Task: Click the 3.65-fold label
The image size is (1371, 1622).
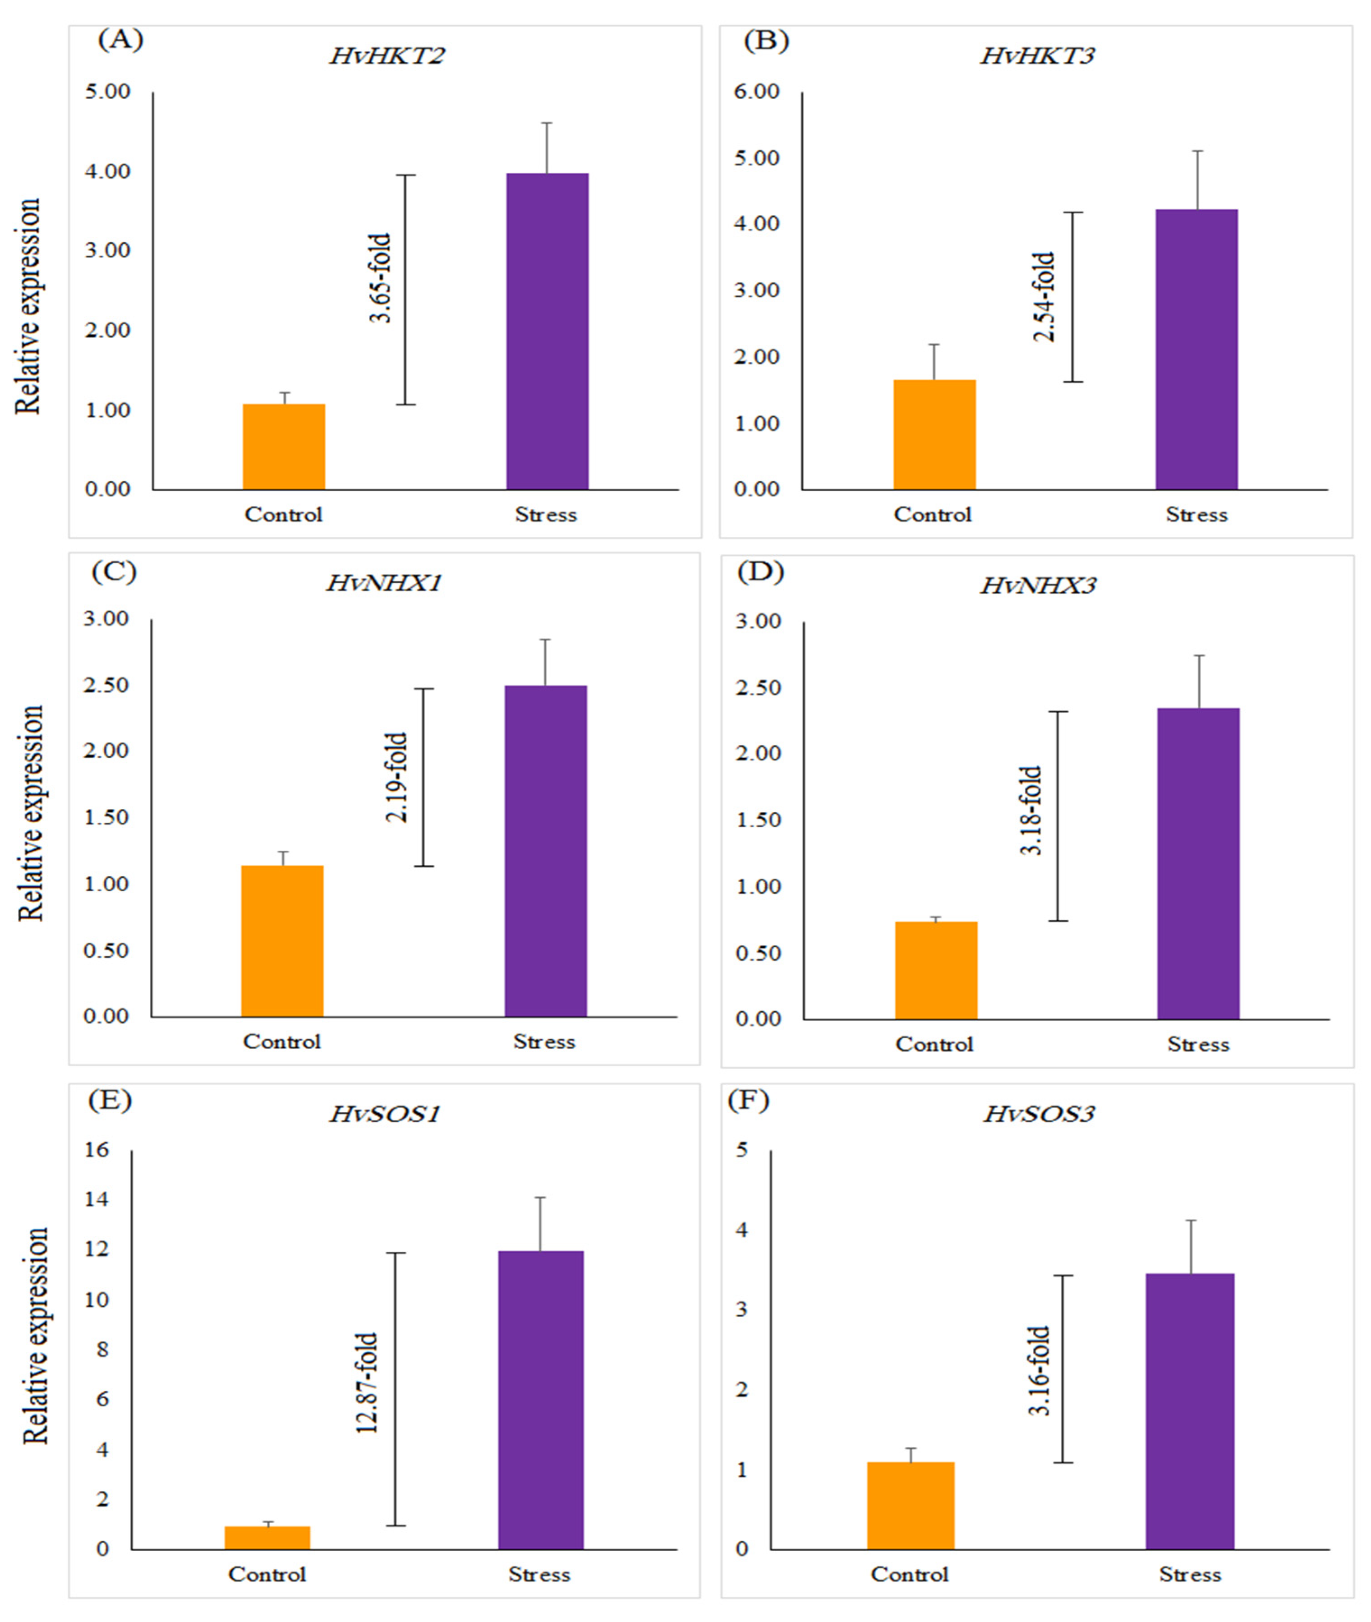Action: (x=380, y=278)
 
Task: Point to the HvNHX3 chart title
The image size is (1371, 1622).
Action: (x=1038, y=585)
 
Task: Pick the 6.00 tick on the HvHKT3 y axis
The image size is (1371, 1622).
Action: (x=757, y=92)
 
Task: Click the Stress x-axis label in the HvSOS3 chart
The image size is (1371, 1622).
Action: (x=1190, y=1575)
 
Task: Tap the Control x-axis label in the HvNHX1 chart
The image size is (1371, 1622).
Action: (x=281, y=1041)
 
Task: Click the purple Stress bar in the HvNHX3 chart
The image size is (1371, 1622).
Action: (x=1198, y=863)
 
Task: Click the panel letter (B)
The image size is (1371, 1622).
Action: (x=766, y=41)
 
